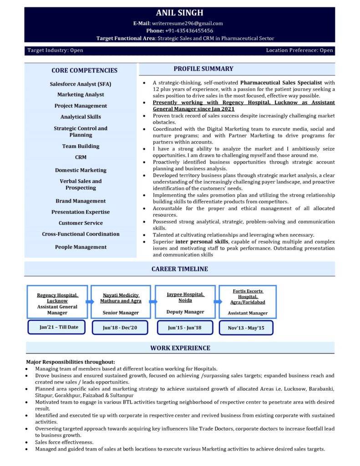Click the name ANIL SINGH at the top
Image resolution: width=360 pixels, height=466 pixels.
click(x=180, y=13)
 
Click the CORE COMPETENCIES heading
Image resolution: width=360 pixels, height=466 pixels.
click(x=84, y=70)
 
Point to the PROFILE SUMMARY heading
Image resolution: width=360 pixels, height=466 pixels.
click(x=203, y=69)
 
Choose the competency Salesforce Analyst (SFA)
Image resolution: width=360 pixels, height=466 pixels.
click(x=81, y=84)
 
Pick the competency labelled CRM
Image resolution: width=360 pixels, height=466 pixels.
click(x=81, y=157)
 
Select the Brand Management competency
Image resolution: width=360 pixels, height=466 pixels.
click(x=81, y=201)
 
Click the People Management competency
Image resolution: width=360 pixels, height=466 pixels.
click(x=81, y=247)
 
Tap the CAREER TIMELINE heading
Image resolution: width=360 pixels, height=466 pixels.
click(x=180, y=269)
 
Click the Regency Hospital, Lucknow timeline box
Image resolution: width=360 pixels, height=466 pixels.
click(x=57, y=301)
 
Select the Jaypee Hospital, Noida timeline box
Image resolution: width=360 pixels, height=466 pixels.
click(x=185, y=301)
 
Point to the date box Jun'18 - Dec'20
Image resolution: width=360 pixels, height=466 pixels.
click(x=120, y=328)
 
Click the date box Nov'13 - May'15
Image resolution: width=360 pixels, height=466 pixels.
click(x=246, y=328)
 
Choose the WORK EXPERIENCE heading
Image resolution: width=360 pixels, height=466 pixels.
click(x=180, y=348)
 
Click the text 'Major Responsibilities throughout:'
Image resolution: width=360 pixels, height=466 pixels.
click(x=71, y=362)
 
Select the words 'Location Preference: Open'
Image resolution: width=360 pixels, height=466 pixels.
click(x=299, y=51)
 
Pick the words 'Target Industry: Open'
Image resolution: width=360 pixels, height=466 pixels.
click(x=55, y=51)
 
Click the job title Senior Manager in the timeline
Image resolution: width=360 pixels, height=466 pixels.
click(x=121, y=313)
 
